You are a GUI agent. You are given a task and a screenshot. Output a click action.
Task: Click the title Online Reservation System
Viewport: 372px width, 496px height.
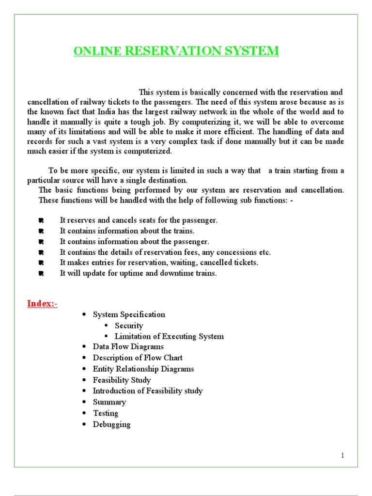coord(176,51)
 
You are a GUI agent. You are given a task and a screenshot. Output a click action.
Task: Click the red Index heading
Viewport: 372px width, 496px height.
coord(42,304)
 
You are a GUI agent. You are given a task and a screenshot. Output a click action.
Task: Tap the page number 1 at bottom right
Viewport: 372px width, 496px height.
coord(342,456)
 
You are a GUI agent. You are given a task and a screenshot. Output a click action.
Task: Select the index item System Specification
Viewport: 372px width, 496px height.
coord(129,314)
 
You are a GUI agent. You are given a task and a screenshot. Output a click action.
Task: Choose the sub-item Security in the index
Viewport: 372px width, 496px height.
coord(129,325)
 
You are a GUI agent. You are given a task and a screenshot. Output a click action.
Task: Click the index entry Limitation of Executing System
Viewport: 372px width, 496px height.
coord(169,336)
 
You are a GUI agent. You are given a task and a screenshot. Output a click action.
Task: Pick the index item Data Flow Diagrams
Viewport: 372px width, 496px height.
coord(128,347)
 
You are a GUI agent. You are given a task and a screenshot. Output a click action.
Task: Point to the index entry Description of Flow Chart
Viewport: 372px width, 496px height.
coord(138,358)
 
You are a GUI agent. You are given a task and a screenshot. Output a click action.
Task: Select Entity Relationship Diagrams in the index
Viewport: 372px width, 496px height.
coord(143,369)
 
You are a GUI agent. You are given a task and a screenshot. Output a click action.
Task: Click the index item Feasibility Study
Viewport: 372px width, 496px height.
coord(122,380)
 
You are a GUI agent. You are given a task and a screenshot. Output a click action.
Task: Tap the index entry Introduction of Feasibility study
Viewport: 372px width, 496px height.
coord(148,391)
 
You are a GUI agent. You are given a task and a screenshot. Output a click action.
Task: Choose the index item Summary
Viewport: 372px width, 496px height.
coord(109,402)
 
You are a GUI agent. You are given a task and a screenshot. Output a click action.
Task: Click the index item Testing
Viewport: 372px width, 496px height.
coord(106,413)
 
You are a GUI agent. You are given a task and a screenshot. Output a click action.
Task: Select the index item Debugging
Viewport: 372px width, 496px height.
coord(112,424)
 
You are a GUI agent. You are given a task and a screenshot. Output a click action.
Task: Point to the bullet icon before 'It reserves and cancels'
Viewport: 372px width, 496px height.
coord(41,220)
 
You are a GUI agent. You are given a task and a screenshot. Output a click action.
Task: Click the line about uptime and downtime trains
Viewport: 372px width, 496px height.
coord(138,273)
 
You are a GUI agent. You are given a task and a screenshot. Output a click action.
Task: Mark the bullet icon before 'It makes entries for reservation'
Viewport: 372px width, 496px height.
coord(41,263)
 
